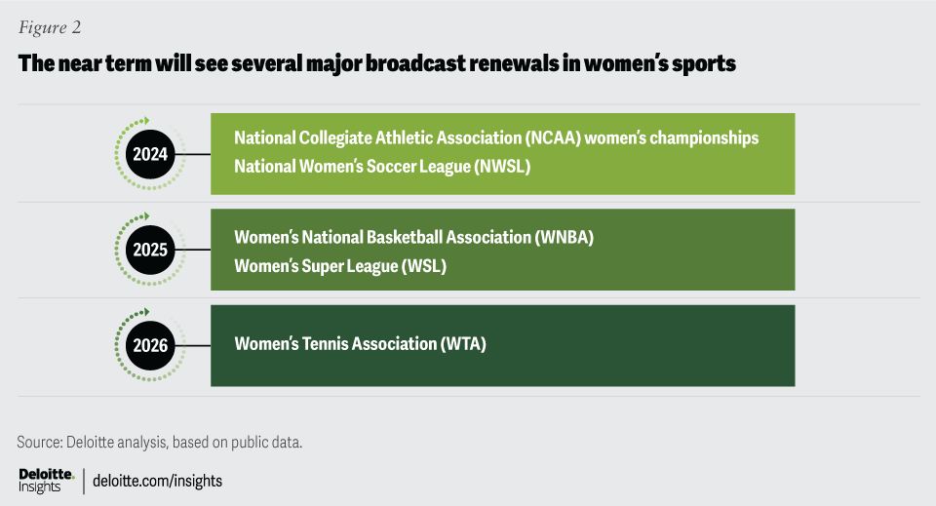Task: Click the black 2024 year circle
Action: point(150,154)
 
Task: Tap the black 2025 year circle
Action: point(150,250)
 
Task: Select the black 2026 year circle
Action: point(150,345)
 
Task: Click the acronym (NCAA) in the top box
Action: point(553,137)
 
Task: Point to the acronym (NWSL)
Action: point(502,167)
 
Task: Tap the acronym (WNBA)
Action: point(564,238)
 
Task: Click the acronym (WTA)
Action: point(462,344)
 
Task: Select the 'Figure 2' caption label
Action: point(50,27)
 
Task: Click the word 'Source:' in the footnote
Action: point(39,443)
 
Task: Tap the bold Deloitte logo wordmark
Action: point(47,475)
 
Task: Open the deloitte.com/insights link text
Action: point(157,481)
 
